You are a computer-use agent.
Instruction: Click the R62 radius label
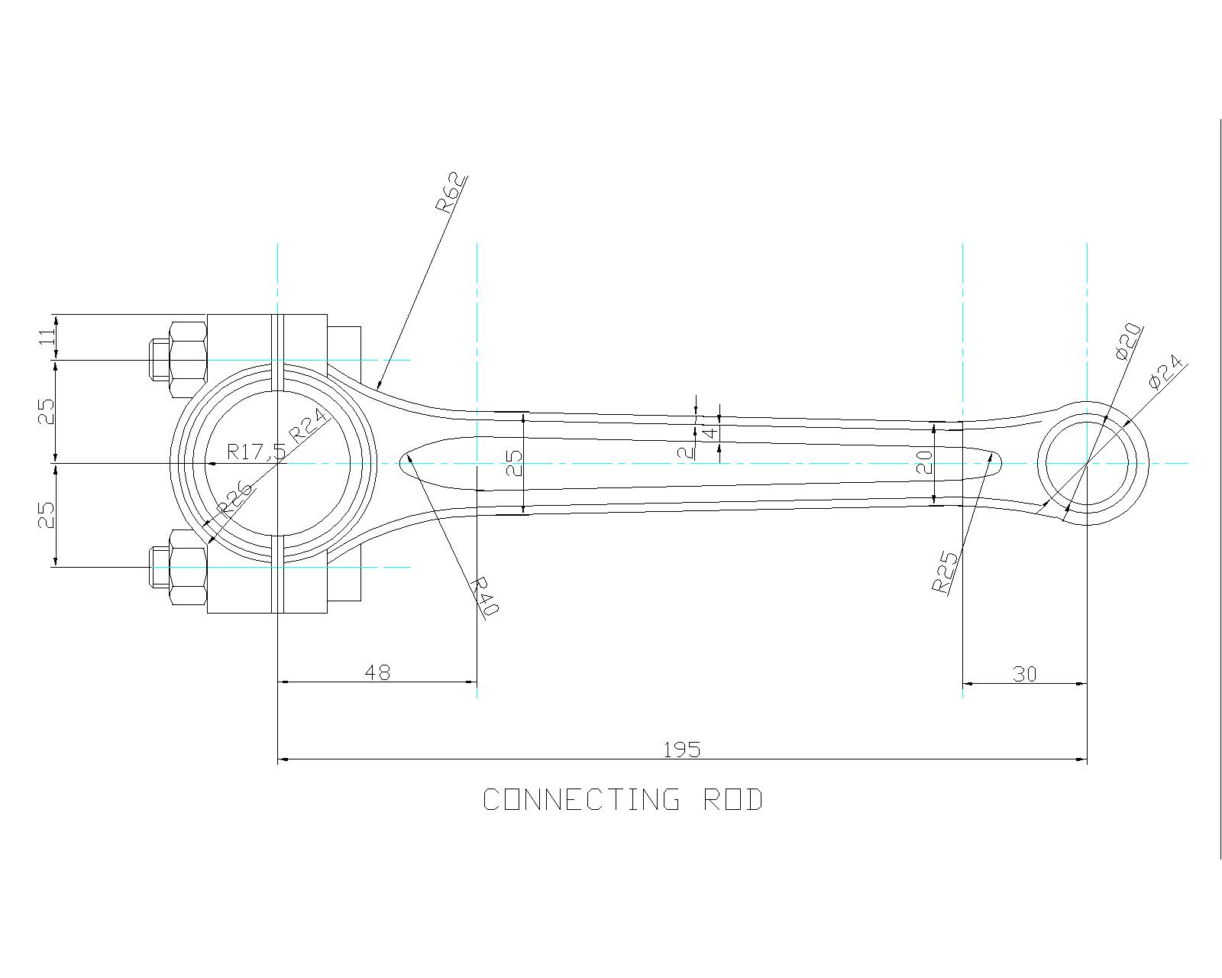[x=450, y=193]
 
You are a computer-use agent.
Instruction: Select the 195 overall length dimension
[x=681, y=750]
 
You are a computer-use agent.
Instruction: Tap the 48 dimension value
[x=377, y=672]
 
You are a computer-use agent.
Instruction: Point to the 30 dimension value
[x=1024, y=674]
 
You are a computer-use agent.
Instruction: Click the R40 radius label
[x=483, y=597]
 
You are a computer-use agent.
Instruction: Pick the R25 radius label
[x=945, y=572]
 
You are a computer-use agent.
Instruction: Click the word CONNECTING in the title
[x=581, y=800]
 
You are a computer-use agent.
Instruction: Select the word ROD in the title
[x=732, y=800]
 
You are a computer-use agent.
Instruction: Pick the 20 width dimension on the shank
[x=924, y=462]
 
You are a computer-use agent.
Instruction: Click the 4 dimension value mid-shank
[x=710, y=432]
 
